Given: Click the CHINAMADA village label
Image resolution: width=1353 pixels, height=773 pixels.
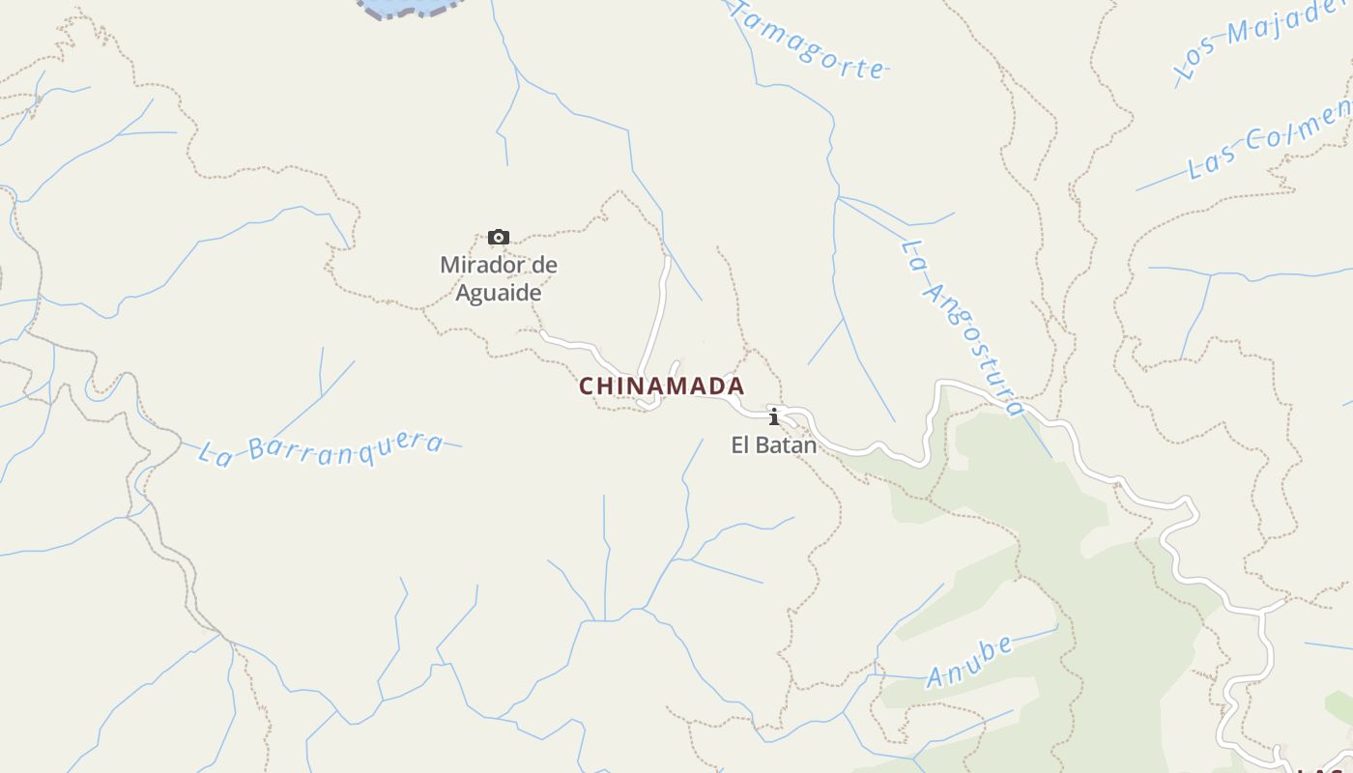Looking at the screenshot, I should point(662,386).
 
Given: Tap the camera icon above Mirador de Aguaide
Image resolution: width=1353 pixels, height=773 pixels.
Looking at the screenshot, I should point(499,237).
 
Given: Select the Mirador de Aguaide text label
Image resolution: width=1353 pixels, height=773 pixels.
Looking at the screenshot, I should point(499,278).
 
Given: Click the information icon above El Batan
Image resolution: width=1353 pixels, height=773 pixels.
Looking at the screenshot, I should point(773,416).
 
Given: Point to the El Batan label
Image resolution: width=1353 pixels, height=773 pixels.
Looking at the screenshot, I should point(773,445).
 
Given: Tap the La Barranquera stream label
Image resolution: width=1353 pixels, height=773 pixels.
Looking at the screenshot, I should point(321,448).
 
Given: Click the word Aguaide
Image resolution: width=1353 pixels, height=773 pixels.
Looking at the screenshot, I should point(499,293).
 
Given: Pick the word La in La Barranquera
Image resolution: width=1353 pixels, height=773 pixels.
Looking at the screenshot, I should point(216,454).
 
